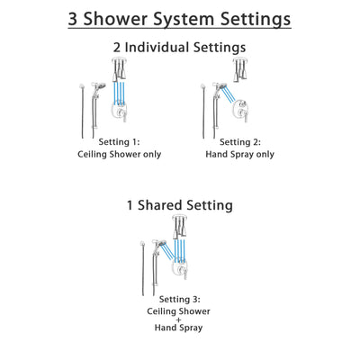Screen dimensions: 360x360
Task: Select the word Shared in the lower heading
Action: coord(176,205)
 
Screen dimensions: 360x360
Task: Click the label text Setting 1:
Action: coord(115,141)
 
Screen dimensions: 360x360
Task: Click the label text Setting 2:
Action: coord(240,141)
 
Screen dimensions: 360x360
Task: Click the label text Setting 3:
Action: coord(179,298)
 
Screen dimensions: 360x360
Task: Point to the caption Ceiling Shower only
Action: coord(115,155)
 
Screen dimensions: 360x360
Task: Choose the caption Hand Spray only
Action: coord(240,155)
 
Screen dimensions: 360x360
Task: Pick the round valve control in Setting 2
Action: coord(239,112)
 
